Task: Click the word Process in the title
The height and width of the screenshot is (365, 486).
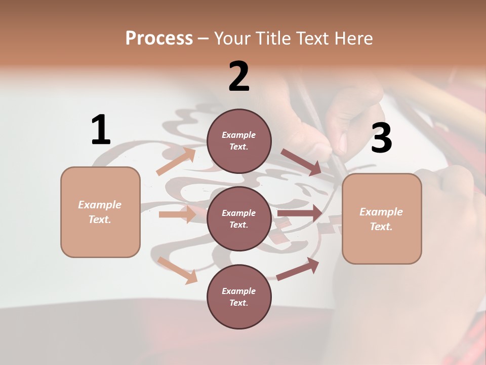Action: point(159,38)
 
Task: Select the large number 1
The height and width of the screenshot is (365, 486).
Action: point(101,130)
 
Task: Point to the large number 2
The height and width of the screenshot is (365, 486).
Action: point(239,77)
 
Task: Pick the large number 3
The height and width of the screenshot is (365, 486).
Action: point(381,138)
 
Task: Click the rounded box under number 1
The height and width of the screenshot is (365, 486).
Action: point(100,212)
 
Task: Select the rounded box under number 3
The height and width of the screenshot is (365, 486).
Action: point(382,219)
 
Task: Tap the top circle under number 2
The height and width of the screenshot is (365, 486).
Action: point(239,141)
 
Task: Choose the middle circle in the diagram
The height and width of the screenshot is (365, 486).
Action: point(239,218)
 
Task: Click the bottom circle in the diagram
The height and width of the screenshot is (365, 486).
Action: point(239,297)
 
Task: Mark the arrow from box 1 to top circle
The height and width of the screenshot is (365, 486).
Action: point(176,162)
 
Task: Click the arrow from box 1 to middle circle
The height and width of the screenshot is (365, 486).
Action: point(177,214)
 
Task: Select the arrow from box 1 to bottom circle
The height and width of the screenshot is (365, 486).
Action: point(177,270)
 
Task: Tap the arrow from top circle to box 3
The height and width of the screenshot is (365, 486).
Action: point(301,162)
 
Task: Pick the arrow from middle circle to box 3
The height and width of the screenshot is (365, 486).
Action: point(299,213)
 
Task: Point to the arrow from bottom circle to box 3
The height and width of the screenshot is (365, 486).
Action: point(298,269)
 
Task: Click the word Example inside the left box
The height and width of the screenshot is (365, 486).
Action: point(100,205)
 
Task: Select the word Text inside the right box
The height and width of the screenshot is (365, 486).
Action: point(381,227)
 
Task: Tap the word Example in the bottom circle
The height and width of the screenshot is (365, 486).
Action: point(238,291)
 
